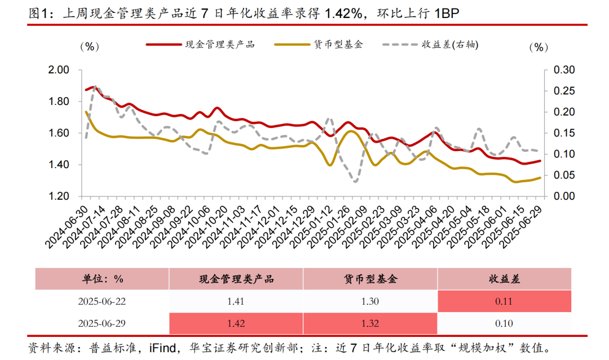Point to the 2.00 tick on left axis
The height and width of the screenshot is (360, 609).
click(x=60, y=70)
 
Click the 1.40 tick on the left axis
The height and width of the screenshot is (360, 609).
click(x=60, y=165)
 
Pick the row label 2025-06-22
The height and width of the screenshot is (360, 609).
click(x=102, y=301)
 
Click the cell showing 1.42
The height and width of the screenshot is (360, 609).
click(x=236, y=323)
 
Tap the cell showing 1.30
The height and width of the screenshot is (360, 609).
click(x=370, y=301)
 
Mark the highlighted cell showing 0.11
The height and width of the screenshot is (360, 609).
click(x=504, y=301)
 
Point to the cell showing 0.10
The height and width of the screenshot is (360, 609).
click(x=504, y=323)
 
